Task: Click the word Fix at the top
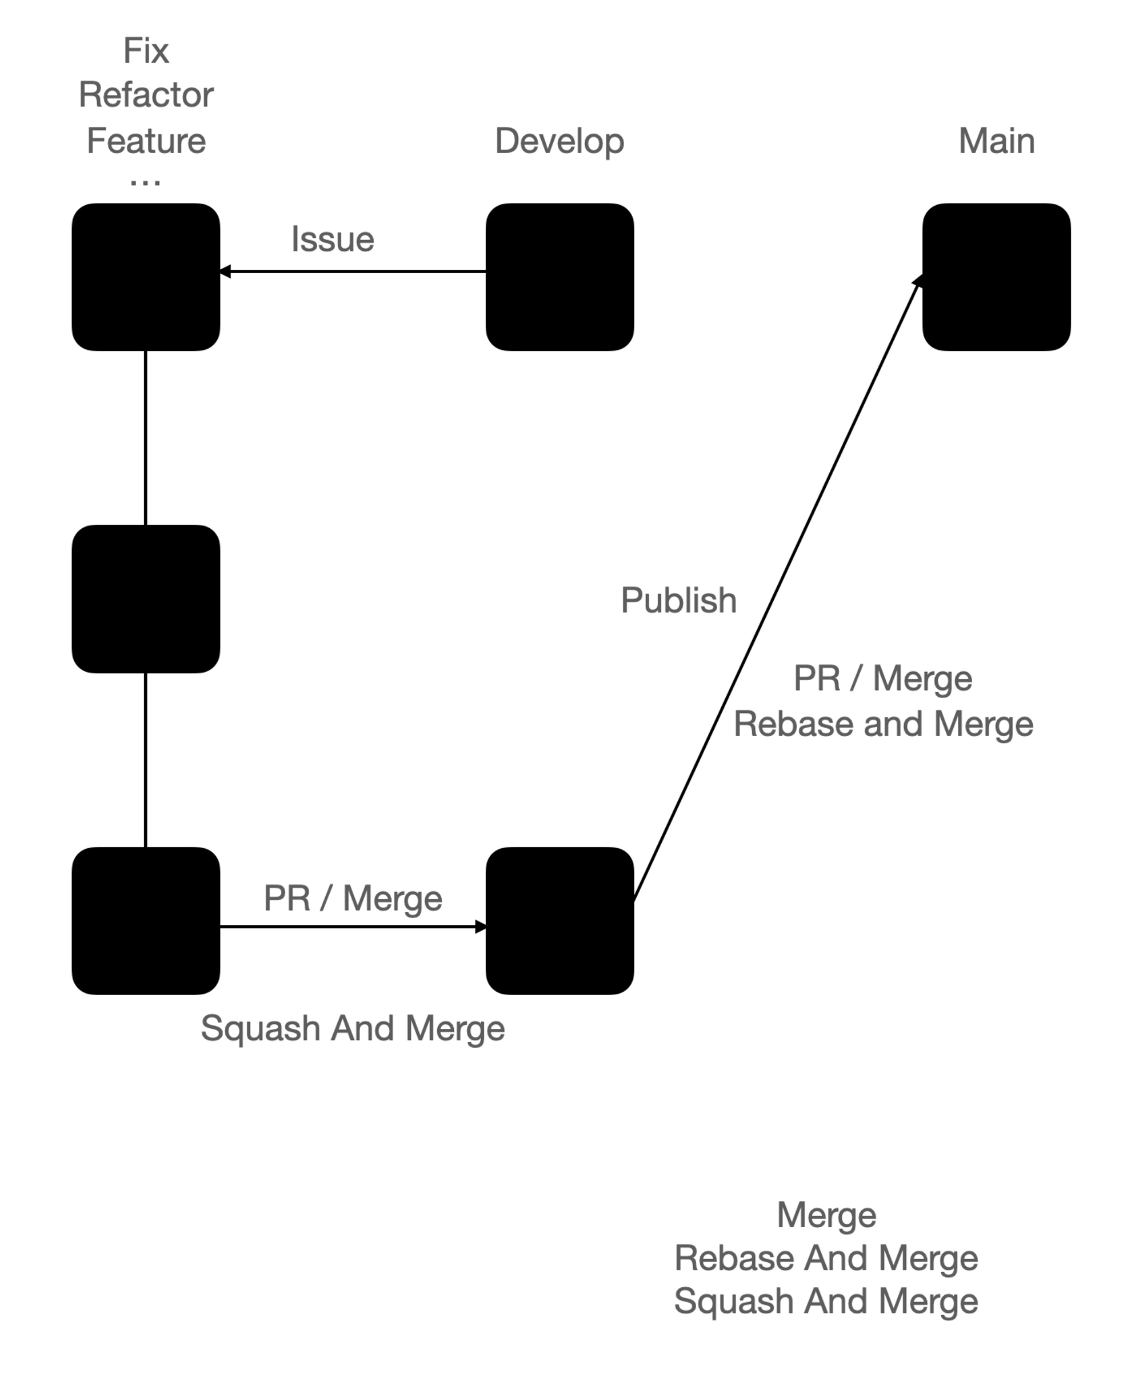pyautogui.click(x=146, y=50)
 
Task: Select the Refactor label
pyautogui.click(x=146, y=95)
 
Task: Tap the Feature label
pyautogui.click(x=146, y=141)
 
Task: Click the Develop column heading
pyautogui.click(x=559, y=141)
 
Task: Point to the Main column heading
pyautogui.click(x=996, y=141)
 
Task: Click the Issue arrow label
pyautogui.click(x=333, y=240)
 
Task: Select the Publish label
pyautogui.click(x=679, y=600)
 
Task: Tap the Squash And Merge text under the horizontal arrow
pyautogui.click(x=353, y=1028)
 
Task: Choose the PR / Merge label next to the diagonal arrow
pyautogui.click(x=882, y=678)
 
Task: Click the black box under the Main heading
pyautogui.click(x=996, y=277)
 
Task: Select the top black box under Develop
pyautogui.click(x=559, y=277)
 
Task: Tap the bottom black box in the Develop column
pyautogui.click(x=559, y=921)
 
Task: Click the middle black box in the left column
pyautogui.click(x=146, y=598)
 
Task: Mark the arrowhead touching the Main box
pyautogui.click(x=918, y=281)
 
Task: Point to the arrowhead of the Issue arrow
pyautogui.click(x=225, y=272)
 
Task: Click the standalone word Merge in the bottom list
pyautogui.click(x=826, y=1215)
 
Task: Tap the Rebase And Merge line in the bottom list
pyautogui.click(x=826, y=1258)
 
